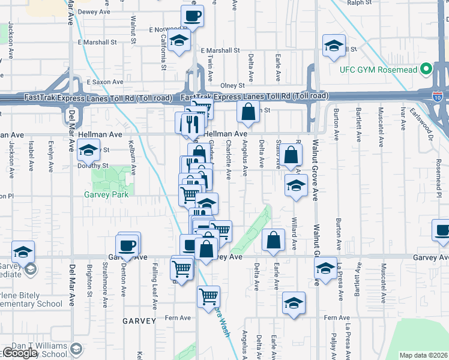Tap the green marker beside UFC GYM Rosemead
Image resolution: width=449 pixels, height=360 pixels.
pos(426,68)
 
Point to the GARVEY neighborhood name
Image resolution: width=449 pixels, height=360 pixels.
pos(139,321)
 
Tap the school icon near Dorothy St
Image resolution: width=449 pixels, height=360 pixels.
pos(88,149)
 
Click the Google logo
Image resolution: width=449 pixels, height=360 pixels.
pos(19,353)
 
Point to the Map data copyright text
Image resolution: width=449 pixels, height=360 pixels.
pos(424,355)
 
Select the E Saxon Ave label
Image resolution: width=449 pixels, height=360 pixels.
pos(104,82)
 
